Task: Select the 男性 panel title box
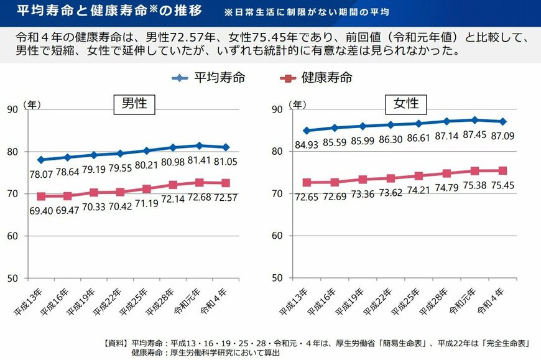point(133,103)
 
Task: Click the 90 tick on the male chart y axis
point(12,110)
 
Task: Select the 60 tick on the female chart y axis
point(279,236)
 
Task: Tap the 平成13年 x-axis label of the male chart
point(31,301)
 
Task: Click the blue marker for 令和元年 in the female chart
point(474,120)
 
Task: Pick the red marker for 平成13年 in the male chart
point(41,196)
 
